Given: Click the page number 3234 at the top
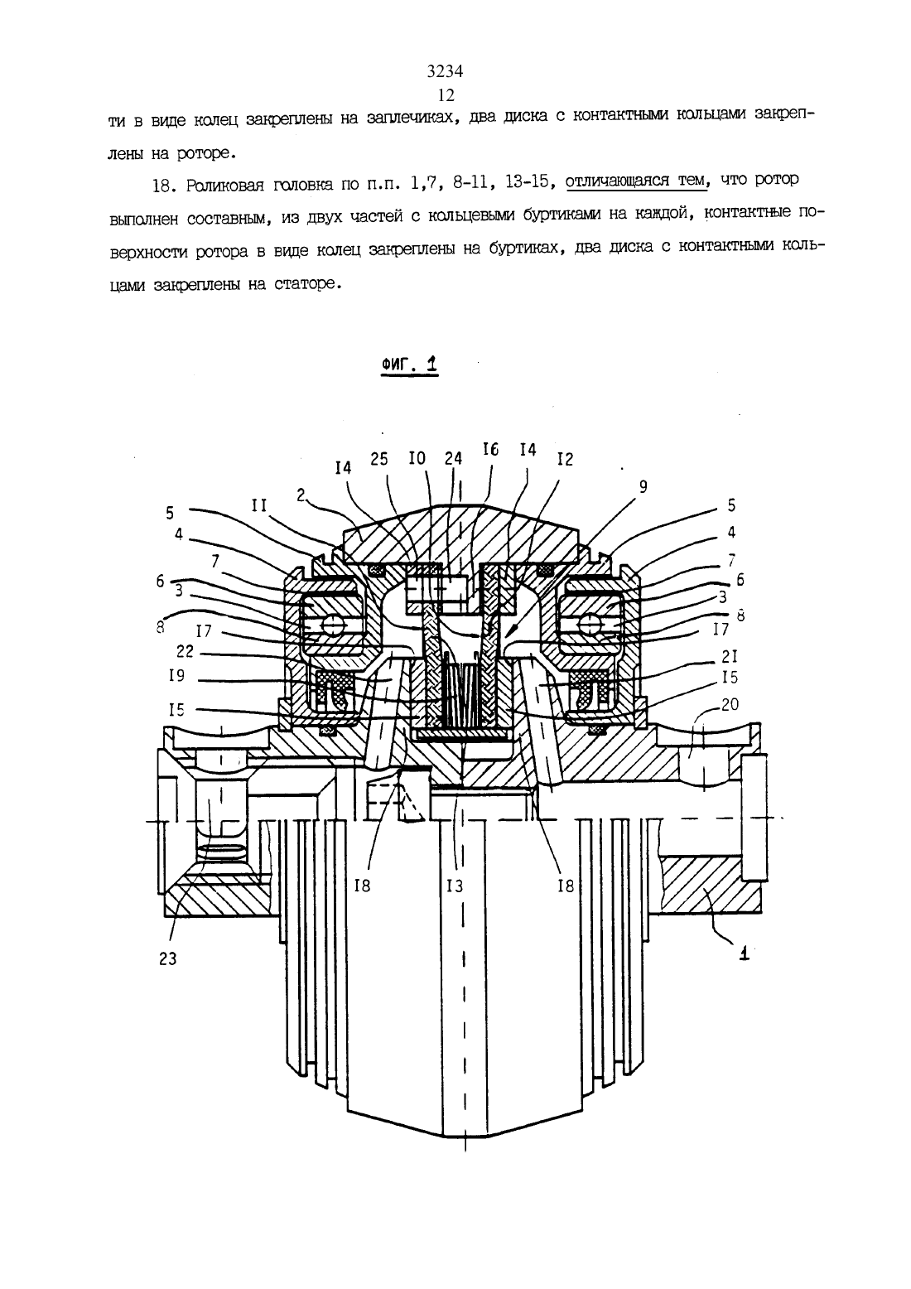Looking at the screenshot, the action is (445, 70).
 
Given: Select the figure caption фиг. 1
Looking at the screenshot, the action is (409, 364).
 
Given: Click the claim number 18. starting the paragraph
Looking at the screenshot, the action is (164, 186).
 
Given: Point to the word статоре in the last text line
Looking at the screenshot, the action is (305, 284).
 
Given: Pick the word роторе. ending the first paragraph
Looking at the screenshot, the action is (206, 153).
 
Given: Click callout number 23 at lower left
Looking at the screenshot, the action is (167, 958).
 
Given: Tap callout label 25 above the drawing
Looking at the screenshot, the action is (379, 459).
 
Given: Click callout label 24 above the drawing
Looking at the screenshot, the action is (453, 458).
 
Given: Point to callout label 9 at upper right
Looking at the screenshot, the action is (643, 487).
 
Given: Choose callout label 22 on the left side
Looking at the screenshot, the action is (186, 652).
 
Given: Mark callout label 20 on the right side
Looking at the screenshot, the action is (730, 704).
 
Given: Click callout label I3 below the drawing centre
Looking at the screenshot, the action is (455, 886).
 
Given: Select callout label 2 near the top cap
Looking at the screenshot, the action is (301, 495).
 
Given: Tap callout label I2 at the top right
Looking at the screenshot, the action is (566, 459).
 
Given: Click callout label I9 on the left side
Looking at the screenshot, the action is (176, 675).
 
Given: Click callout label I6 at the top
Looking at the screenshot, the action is (490, 449).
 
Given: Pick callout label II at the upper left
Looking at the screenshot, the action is (258, 505).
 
